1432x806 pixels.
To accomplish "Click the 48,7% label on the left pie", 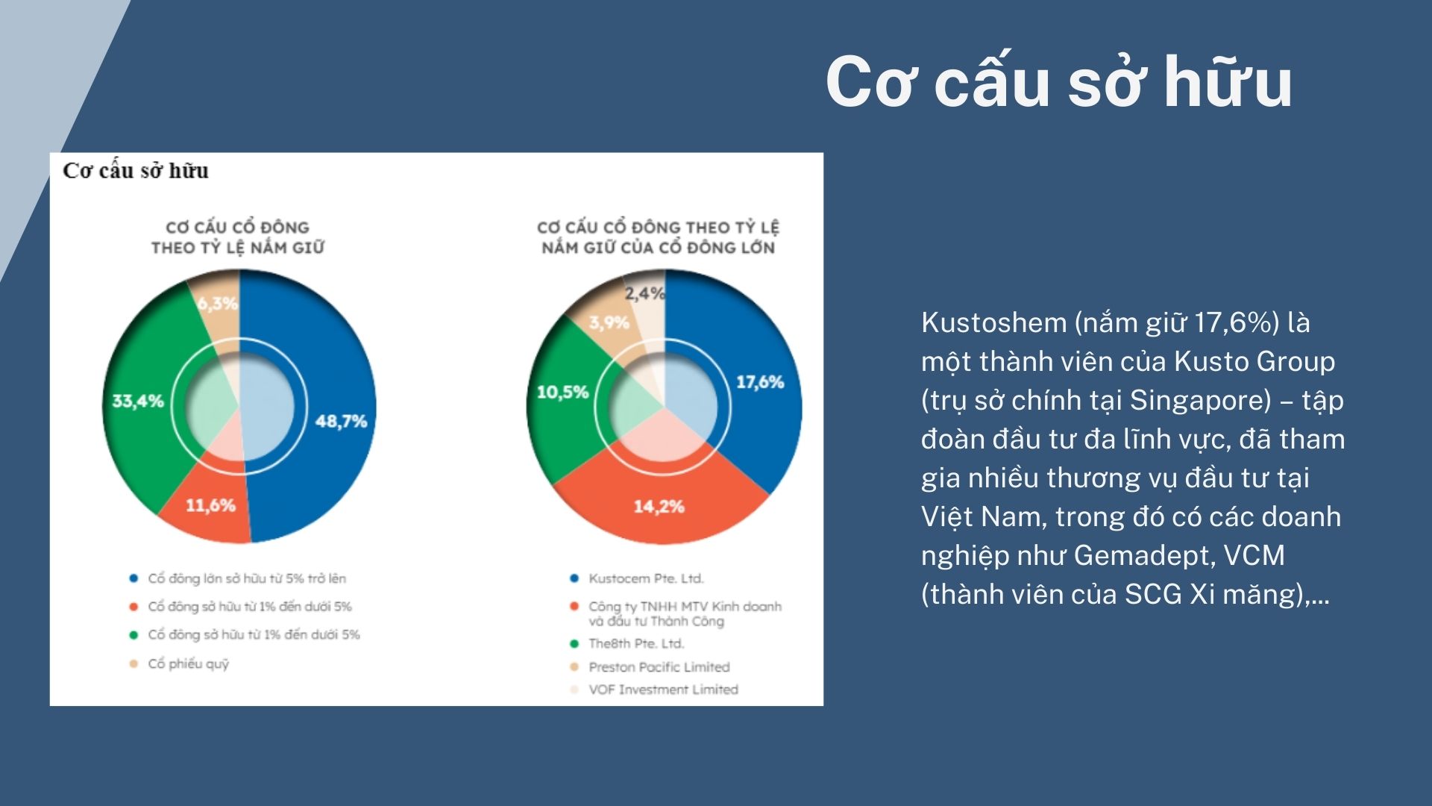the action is [341, 422].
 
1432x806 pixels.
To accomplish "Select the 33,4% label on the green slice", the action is [138, 402].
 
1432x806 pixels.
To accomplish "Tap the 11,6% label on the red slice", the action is [210, 506].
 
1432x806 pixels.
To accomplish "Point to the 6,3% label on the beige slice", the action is [218, 304].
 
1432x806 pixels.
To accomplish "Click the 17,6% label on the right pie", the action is [760, 383].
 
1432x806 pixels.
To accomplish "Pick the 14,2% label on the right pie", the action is [659, 507].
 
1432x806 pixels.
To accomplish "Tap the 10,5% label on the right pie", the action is [563, 393].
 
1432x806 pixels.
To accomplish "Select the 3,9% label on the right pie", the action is [609, 323].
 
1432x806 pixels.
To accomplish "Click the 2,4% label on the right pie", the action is [644, 294].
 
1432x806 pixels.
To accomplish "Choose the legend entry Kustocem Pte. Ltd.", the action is [646, 578].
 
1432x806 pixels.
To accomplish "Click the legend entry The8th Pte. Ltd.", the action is [636, 643].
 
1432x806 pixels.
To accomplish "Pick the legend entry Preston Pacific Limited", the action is [659, 667].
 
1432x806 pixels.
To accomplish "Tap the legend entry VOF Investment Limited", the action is [663, 690].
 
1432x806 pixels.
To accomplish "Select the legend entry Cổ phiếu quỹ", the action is [188, 663].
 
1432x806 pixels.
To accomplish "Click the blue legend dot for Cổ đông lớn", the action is [134, 578].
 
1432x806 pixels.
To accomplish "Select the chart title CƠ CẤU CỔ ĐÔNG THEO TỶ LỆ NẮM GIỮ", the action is [238, 237].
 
